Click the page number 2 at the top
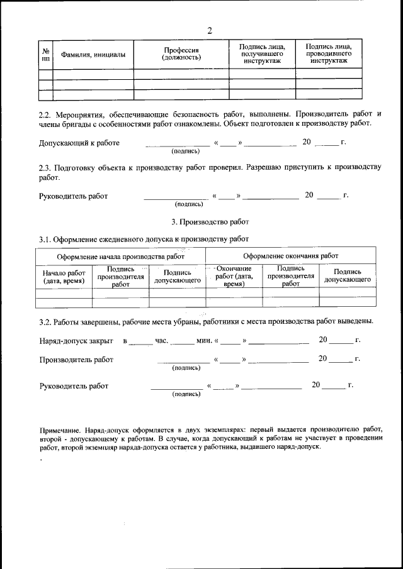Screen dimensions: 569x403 tap(209, 30)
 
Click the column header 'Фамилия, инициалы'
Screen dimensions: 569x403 tap(93, 55)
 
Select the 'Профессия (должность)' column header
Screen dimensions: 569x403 tap(181, 54)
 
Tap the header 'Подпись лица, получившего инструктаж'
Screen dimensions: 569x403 tap(262, 55)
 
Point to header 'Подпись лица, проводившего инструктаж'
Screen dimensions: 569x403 tap(329, 55)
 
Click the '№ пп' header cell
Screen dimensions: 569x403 tap(45, 55)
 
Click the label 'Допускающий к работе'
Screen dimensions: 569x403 tap(79, 143)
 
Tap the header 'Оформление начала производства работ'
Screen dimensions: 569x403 tap(120, 256)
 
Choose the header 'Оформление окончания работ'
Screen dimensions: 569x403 tap(290, 256)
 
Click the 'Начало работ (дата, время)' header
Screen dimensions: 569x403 tap(64, 277)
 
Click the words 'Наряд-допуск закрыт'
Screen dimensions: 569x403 tap(76, 341)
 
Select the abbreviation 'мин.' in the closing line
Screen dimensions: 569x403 tap(204, 341)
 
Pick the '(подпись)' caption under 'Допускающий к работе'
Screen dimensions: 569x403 tap(186, 151)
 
